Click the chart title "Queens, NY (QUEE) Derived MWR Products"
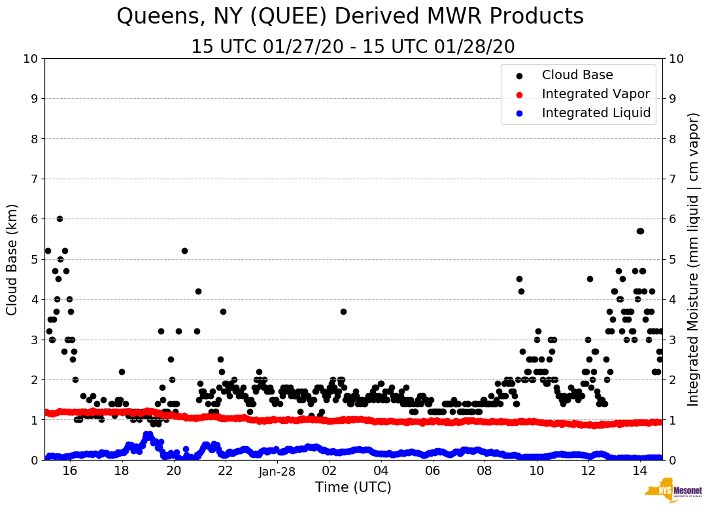tap(350, 17)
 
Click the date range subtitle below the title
tap(352, 47)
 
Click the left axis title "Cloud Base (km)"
tap(12, 259)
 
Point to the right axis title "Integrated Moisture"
tap(694, 259)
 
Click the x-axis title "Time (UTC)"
tap(353, 487)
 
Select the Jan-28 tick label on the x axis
tap(278, 471)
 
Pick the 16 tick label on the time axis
tap(70, 471)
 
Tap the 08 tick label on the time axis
tap(484, 471)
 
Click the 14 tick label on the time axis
tap(640, 471)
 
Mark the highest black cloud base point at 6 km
tap(59, 219)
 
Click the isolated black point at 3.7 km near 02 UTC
tap(343, 311)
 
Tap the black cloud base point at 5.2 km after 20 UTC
tap(184, 251)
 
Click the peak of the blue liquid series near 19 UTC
tap(148, 434)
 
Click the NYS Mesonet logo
tap(673, 492)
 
